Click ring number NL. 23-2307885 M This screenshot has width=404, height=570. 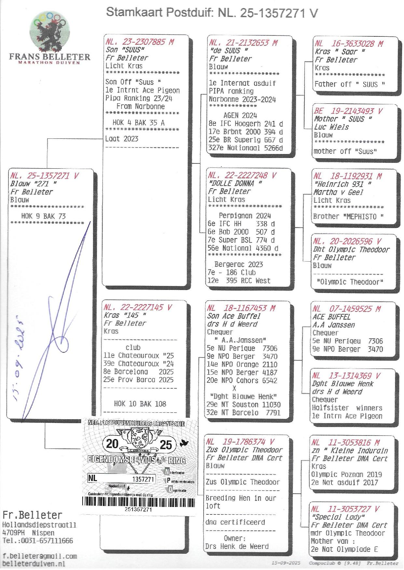pos(140,42)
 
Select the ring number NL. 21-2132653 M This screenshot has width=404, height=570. pos(243,43)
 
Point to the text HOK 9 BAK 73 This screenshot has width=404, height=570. pos(43,216)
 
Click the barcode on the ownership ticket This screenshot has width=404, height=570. pos(138,502)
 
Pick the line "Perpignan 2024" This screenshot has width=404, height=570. pos(245,216)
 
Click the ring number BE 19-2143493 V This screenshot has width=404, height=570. pos(348,111)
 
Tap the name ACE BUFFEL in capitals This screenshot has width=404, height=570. pos(331,317)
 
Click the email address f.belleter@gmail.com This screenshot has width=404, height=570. pos(40,556)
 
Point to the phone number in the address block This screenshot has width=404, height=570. pos(38,541)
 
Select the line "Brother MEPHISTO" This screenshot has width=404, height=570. pos(348,217)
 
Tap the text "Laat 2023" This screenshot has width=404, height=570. pos(122,139)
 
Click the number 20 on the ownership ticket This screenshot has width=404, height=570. pos(112,444)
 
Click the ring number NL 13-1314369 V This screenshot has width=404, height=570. pos(346,376)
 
